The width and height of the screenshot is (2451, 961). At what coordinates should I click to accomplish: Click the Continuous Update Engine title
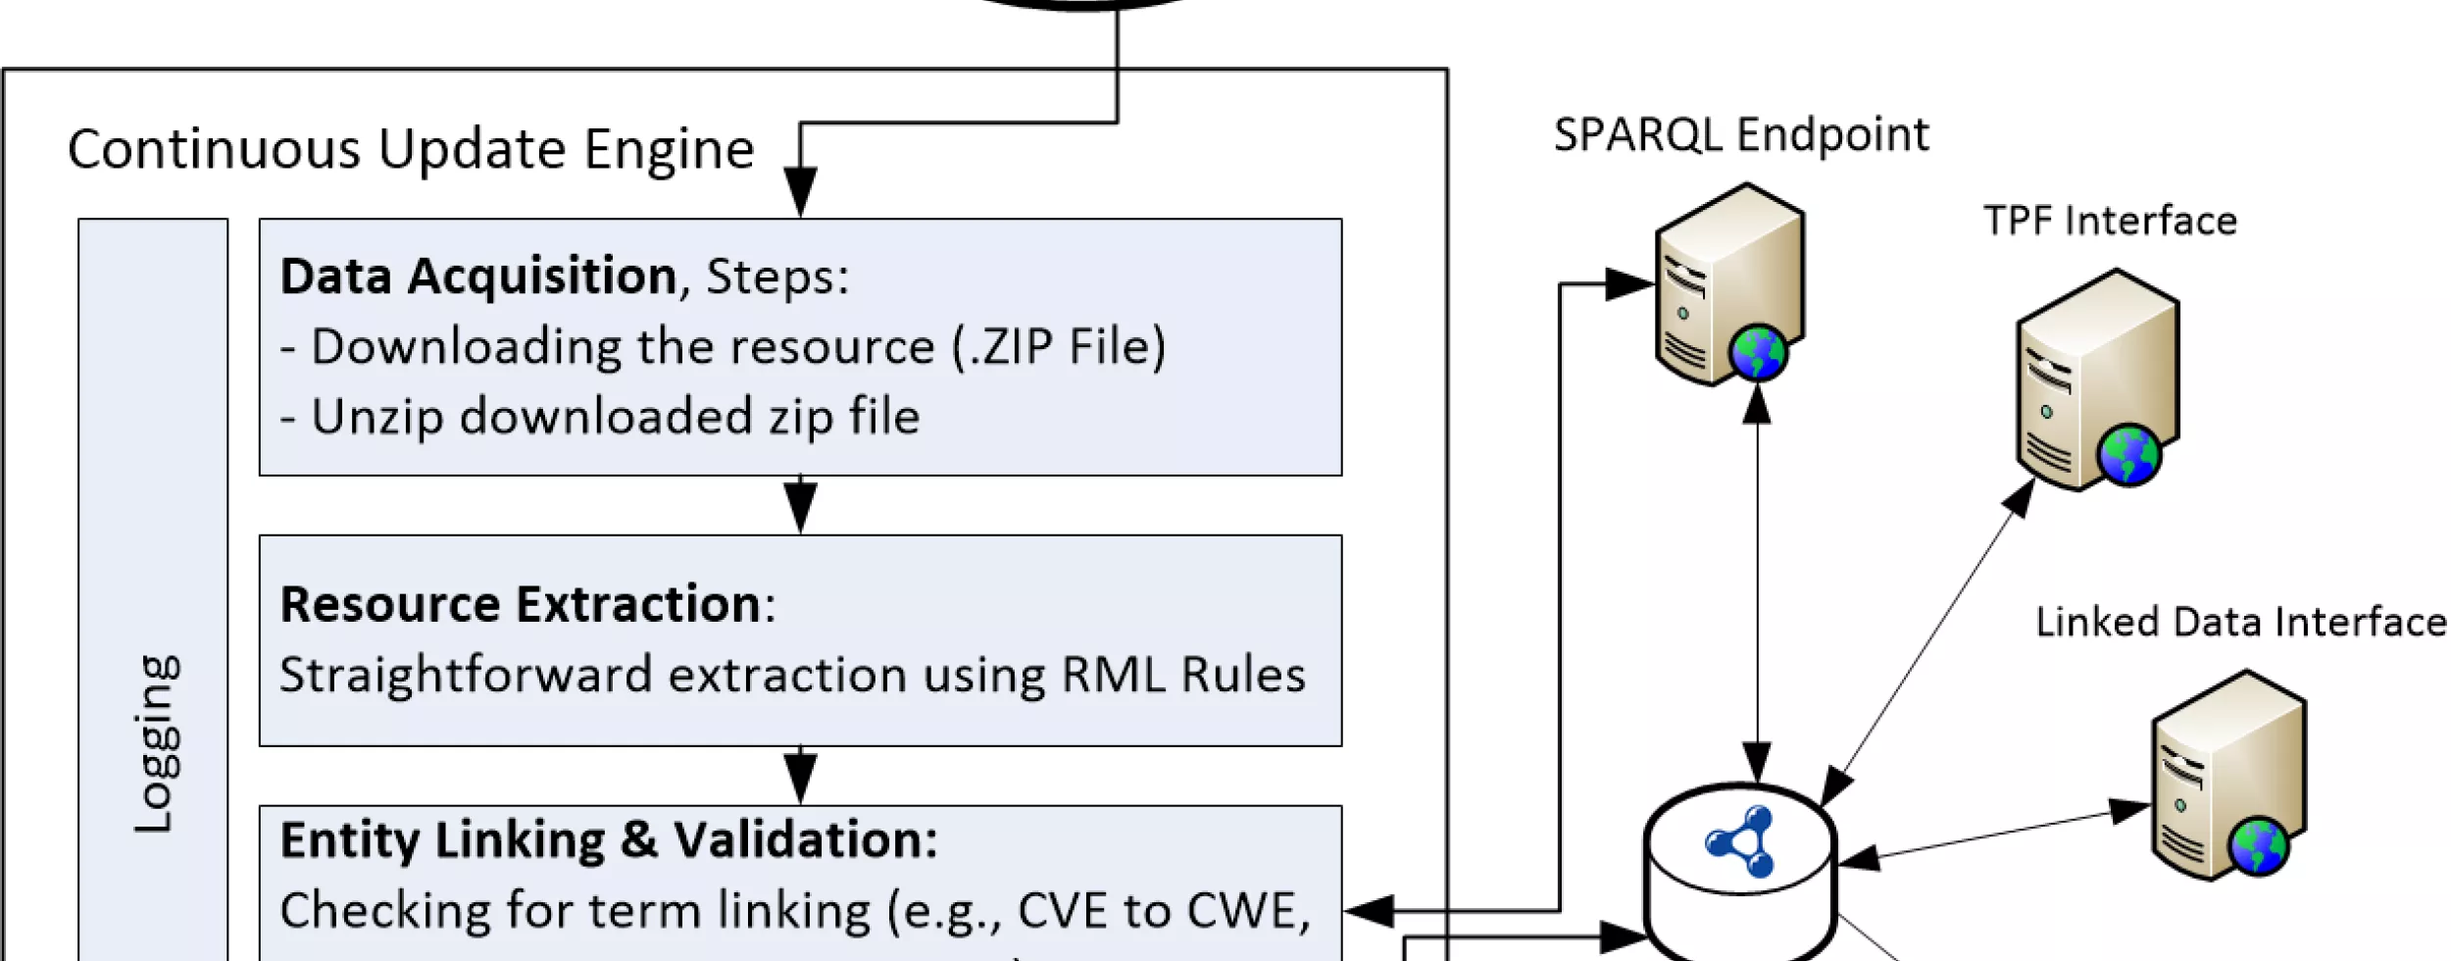[x=411, y=150]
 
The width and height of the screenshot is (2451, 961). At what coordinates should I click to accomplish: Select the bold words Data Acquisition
[x=477, y=276]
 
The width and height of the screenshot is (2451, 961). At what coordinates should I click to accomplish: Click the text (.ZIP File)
[x=1059, y=346]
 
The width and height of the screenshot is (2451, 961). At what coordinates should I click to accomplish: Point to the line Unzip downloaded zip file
[x=600, y=417]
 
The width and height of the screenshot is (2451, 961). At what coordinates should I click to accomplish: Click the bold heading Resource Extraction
[x=521, y=604]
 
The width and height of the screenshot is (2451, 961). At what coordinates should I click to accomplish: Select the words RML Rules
[x=1183, y=675]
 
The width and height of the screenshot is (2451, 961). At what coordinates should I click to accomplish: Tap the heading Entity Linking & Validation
[x=608, y=840]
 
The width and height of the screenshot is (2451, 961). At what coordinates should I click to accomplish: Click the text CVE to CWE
[x=1163, y=911]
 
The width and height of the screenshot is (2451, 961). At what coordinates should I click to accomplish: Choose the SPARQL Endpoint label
[x=1741, y=135]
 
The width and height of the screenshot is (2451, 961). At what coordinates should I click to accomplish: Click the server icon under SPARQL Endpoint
[x=1728, y=284]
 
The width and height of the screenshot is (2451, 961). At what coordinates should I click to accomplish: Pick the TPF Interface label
[x=2110, y=222]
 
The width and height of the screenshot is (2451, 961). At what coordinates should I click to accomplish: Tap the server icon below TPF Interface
[x=2096, y=380]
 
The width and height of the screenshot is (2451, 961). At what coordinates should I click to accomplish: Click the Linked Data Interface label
[x=2240, y=623]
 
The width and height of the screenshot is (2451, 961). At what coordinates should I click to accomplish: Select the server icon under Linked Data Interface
[x=2227, y=775]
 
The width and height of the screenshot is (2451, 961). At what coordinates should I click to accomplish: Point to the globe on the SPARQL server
[x=1758, y=353]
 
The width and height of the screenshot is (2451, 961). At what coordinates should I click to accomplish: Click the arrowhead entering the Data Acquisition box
[x=801, y=191]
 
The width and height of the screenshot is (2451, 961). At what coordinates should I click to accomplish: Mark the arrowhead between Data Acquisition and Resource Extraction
[x=801, y=507]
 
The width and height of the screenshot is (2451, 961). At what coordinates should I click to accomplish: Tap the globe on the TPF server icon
[x=2128, y=455]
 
